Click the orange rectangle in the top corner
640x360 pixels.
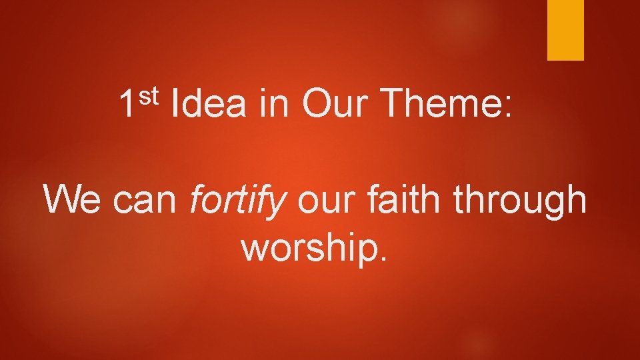point(565,29)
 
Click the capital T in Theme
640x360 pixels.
point(397,105)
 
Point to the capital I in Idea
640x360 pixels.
point(175,105)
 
